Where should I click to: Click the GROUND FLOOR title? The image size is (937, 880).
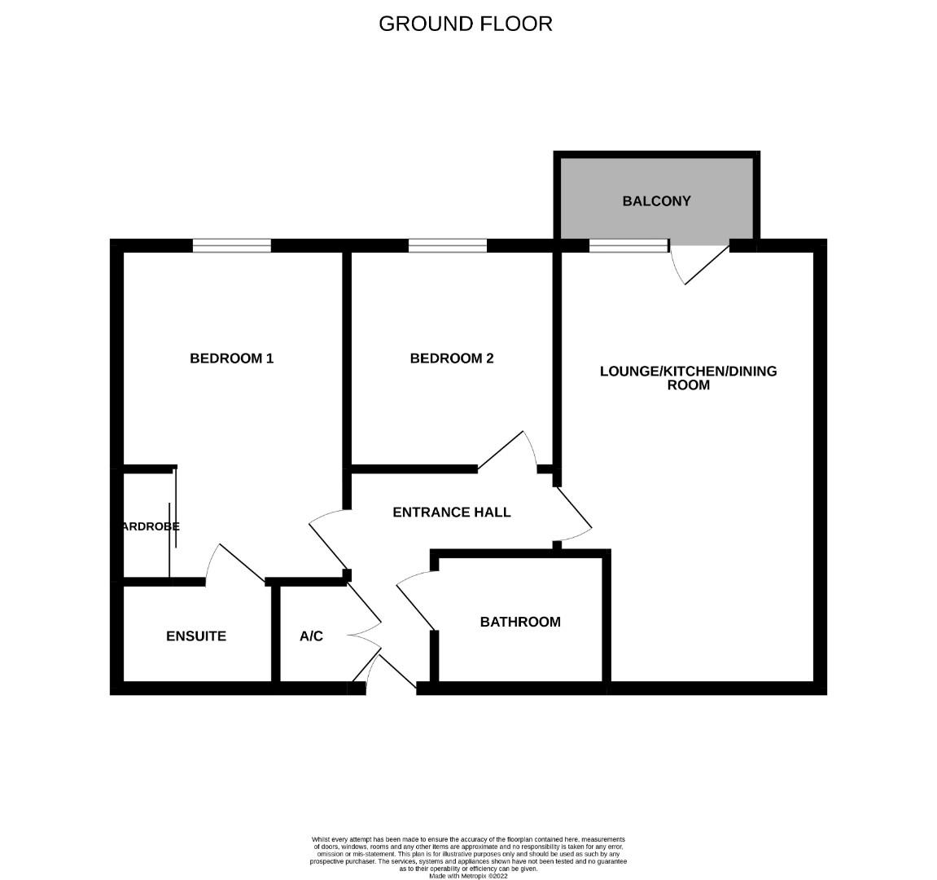466,24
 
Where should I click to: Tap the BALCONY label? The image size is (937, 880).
656,201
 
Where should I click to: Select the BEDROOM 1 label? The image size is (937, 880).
231,359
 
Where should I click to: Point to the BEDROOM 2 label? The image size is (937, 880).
452,359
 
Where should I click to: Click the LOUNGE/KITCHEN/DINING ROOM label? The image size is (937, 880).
688,378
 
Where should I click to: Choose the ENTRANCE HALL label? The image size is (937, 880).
452,513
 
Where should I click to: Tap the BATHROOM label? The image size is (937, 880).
520,623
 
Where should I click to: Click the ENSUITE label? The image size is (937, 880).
196,636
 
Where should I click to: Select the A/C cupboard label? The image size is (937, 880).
311,636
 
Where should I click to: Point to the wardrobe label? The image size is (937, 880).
150,526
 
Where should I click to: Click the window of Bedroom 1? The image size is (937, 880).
232,245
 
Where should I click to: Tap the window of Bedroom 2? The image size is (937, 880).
448,245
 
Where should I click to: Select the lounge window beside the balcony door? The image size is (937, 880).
628,245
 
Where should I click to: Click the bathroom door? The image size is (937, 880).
415,603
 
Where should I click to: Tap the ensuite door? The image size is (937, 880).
236,562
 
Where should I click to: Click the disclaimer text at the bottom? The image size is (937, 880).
469,856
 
